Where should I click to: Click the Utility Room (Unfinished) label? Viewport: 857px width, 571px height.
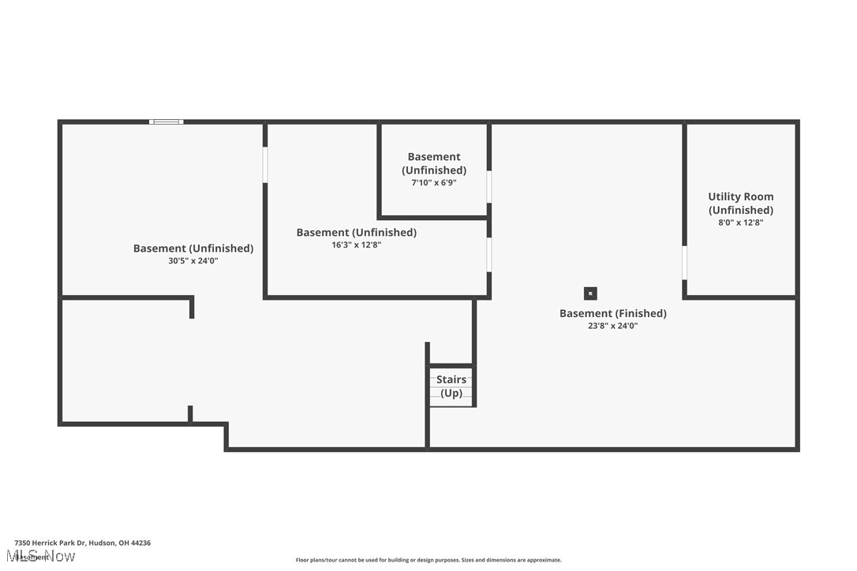pos(740,203)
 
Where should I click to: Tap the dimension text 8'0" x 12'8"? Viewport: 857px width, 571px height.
pos(740,222)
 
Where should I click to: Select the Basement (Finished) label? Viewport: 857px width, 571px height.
pos(612,313)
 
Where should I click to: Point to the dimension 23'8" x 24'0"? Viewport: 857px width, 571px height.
pos(612,326)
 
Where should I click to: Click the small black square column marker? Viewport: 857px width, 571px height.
pos(590,293)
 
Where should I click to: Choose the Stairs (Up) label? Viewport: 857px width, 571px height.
pos(451,386)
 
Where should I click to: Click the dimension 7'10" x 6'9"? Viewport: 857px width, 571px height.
pos(434,183)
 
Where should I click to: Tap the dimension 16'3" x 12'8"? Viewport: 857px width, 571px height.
pos(356,245)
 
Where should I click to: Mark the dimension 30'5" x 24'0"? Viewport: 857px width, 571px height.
pos(193,261)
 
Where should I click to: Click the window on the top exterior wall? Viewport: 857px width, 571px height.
pos(166,121)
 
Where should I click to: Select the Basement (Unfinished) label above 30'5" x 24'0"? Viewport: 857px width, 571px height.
pos(193,248)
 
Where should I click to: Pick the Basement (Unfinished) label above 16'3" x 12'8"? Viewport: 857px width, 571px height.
pos(356,233)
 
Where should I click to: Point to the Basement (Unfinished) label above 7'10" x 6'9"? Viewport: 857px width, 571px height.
pos(434,163)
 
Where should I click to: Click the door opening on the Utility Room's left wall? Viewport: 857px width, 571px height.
pos(684,262)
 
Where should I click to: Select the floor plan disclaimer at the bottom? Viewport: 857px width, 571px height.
pos(428,560)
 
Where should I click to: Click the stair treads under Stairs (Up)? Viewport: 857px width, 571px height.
pos(451,399)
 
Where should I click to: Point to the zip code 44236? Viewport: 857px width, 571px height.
pos(141,543)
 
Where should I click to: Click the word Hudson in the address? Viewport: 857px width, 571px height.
pos(102,543)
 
